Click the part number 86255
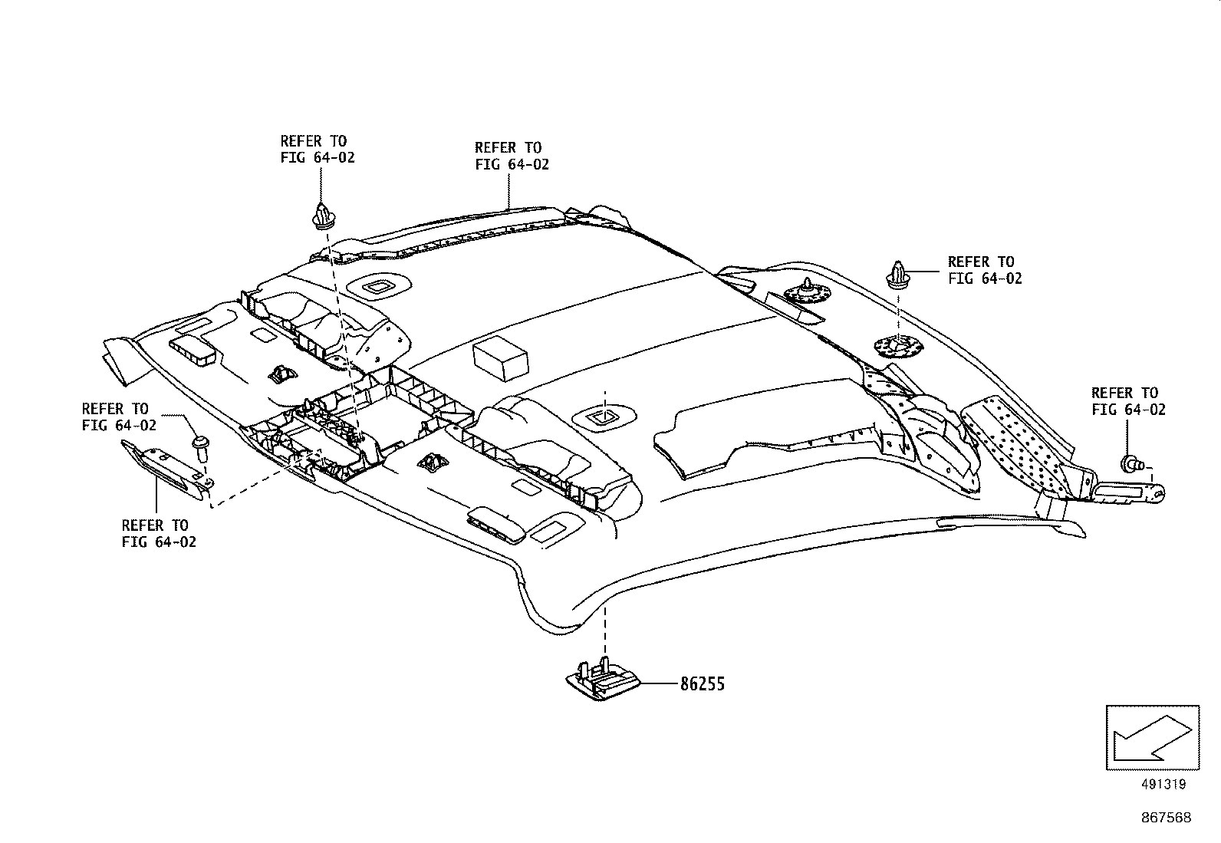coord(702,683)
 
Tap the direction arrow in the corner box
coord(1151,737)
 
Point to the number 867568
coord(1166,818)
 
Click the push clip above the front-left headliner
coord(324,216)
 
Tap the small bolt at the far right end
coord(1132,463)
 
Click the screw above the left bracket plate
coord(202,446)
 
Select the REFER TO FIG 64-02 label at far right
coord(1128,401)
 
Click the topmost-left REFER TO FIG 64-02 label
coord(317,149)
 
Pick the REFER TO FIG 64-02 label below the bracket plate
coord(159,533)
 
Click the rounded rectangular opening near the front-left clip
coord(379,287)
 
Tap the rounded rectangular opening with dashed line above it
coord(604,417)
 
